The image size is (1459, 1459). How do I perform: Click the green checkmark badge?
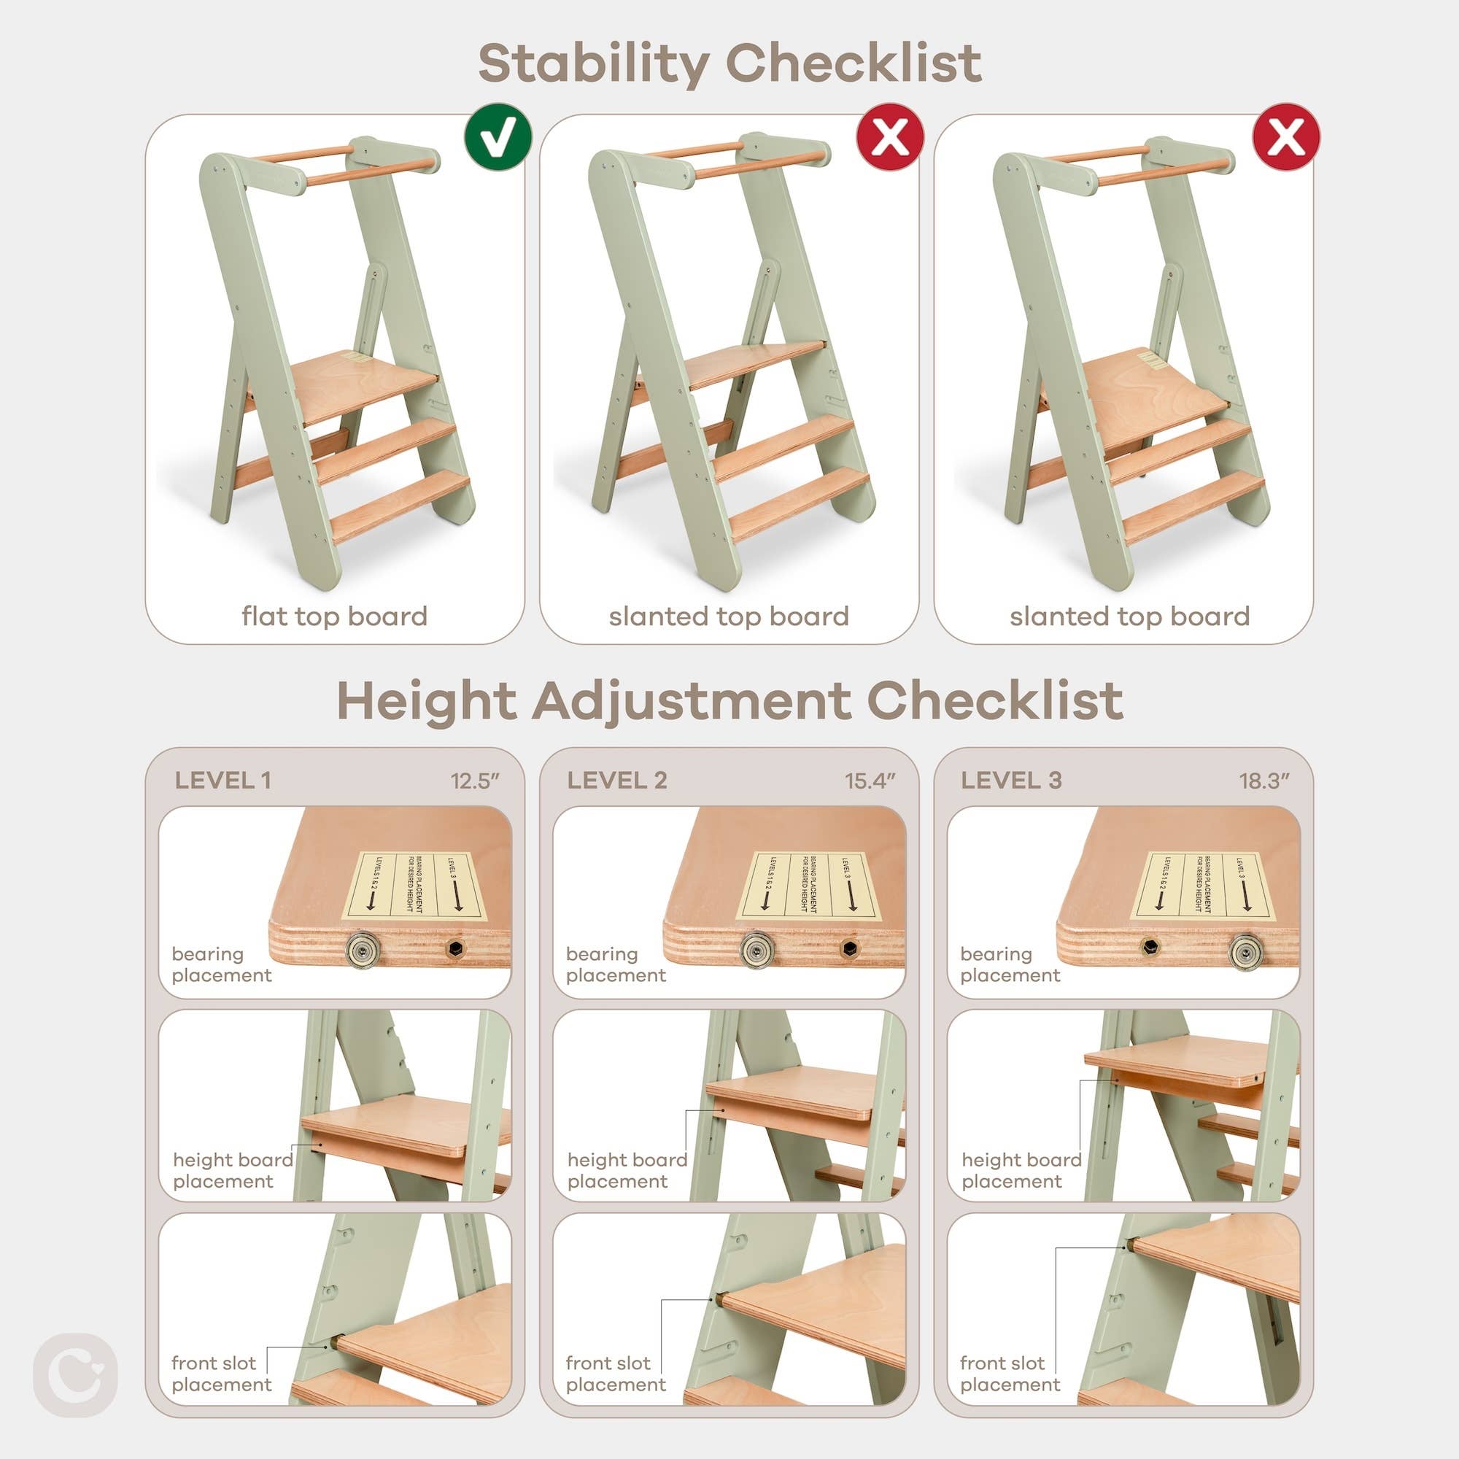click(x=498, y=136)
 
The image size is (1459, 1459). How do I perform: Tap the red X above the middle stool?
click(x=890, y=136)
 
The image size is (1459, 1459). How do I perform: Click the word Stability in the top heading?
click(x=593, y=63)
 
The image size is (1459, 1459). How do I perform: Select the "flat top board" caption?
click(x=335, y=616)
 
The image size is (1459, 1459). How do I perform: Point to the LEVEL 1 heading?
click(x=222, y=780)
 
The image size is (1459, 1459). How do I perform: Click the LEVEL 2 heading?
click(x=617, y=780)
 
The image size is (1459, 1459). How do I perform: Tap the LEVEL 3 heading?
click(x=1011, y=780)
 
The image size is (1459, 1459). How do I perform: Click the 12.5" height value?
click(x=476, y=781)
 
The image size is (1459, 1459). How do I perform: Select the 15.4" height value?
click(x=870, y=781)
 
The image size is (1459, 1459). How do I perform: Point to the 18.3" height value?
click(x=1264, y=781)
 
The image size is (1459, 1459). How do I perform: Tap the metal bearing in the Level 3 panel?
click(x=1244, y=949)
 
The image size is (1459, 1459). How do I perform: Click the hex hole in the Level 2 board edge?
click(x=849, y=948)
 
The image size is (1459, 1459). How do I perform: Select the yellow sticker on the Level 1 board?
click(x=414, y=885)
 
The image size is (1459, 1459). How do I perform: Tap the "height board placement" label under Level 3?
click(x=1021, y=1170)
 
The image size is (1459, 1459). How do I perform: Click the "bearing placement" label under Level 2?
click(x=616, y=964)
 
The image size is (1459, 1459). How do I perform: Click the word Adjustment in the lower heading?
click(x=691, y=701)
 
